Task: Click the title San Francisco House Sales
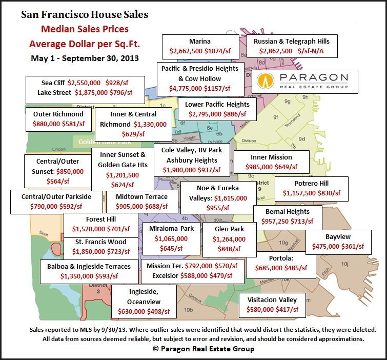pos(85,14)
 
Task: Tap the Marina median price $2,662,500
pos(186,52)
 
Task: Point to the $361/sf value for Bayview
pos(353,246)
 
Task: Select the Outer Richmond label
pos(58,114)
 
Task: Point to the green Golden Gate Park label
pos(98,142)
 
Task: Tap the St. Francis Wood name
pos(100,242)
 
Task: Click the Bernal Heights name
pos(288,211)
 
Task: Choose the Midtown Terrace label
pos(141,196)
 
